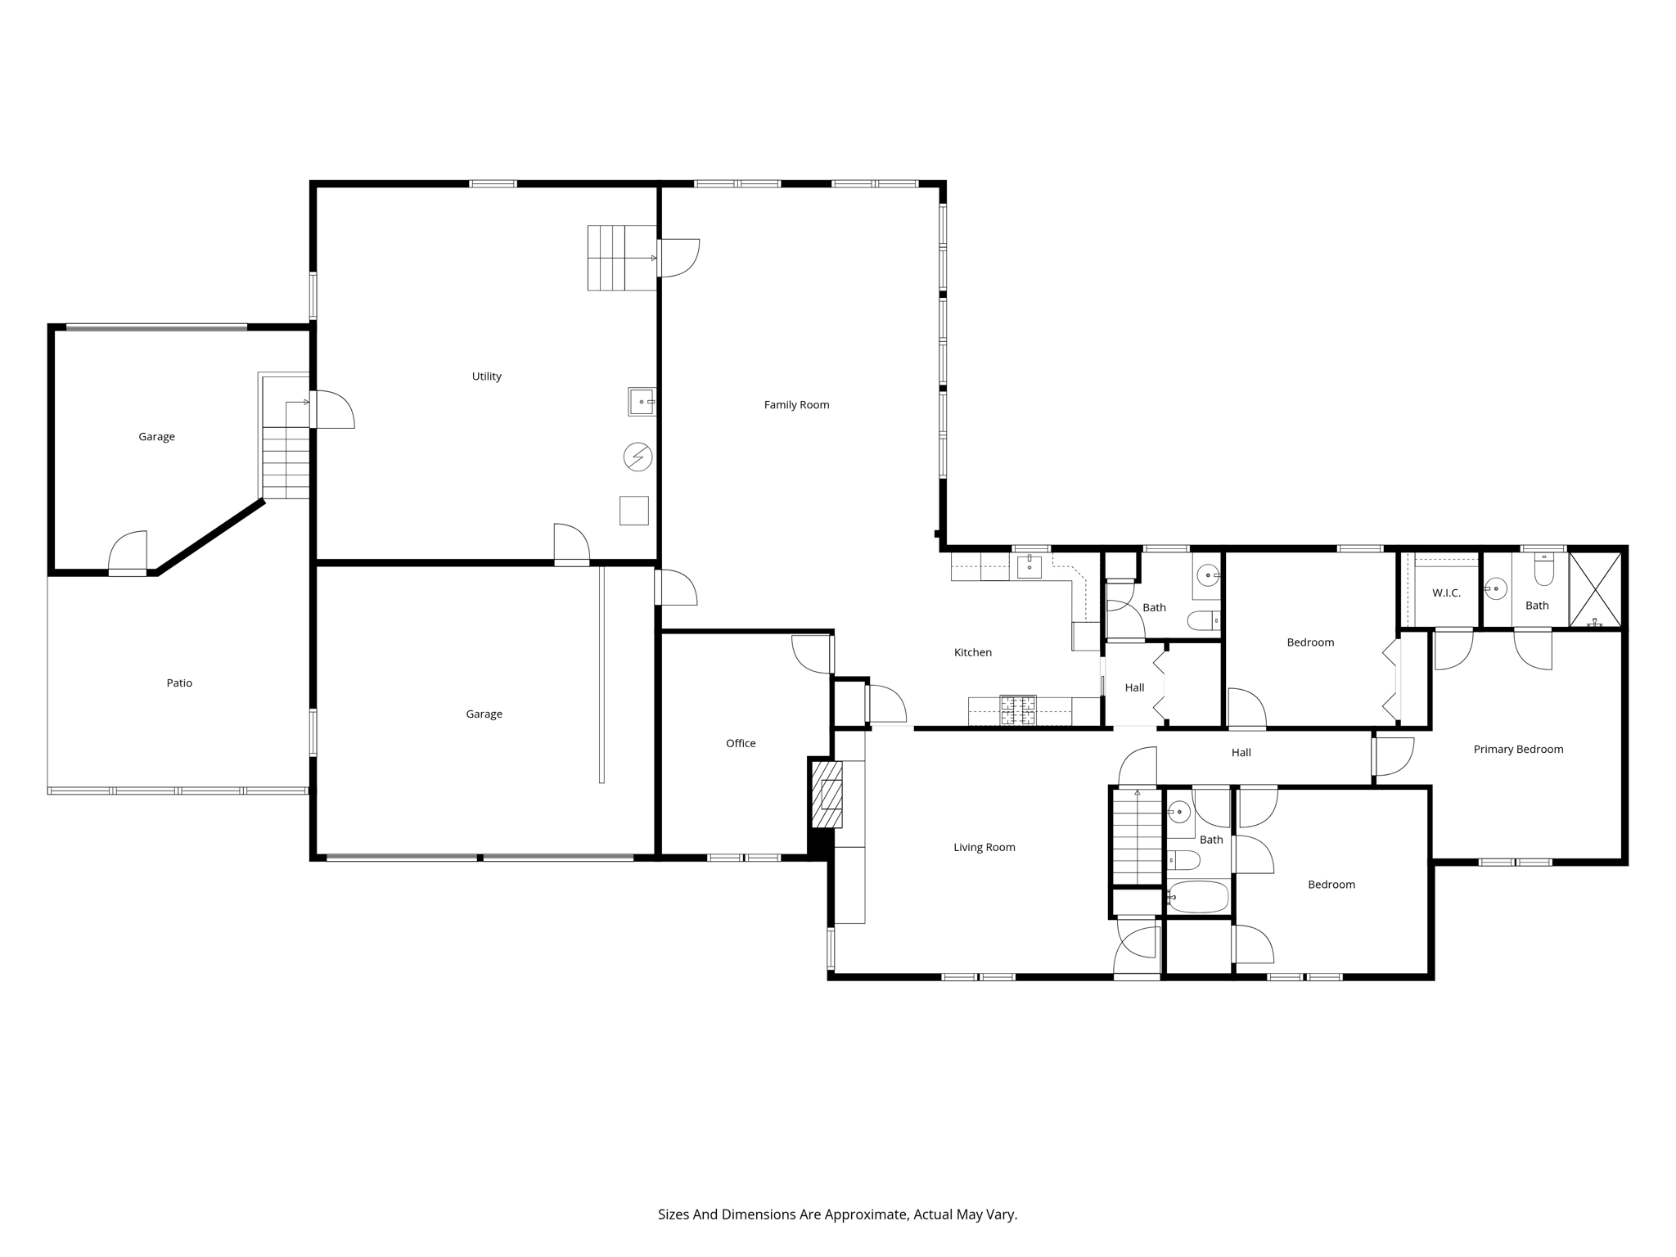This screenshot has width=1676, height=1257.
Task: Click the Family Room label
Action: pos(796,404)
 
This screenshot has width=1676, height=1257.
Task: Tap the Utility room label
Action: pos(486,376)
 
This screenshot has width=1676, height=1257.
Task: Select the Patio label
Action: pos(179,683)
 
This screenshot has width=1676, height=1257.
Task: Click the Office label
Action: pos(741,743)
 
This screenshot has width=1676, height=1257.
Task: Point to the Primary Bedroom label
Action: pos(1518,749)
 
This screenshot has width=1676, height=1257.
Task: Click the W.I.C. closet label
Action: pos(1446,592)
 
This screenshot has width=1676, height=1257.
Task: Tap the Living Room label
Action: pos(984,847)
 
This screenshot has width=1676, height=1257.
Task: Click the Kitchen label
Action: pos(972,652)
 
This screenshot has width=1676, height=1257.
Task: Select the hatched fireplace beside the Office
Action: pos(827,794)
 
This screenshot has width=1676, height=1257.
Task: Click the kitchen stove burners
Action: pos(1018,710)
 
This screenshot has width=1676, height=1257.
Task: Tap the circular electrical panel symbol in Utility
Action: pos(638,457)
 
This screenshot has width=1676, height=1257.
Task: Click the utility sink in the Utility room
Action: pos(642,402)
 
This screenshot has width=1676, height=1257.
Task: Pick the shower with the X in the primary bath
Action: pos(1594,589)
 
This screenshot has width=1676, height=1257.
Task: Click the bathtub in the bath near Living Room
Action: pos(1199,897)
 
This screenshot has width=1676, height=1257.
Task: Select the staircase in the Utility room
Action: pos(622,258)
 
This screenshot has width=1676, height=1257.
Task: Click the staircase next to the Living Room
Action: pos(1137,836)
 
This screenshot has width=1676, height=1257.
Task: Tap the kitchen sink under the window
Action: pos(1029,566)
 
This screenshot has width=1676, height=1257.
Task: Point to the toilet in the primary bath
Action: pos(1543,570)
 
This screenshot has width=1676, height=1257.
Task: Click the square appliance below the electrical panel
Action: pos(633,511)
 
